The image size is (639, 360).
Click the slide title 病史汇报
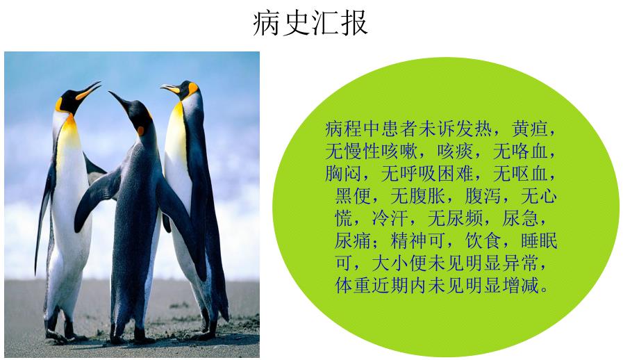[x=310, y=23]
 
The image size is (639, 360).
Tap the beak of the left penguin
[x=90, y=90]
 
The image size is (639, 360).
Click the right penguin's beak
[x=169, y=88]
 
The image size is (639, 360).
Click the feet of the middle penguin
[x=132, y=338]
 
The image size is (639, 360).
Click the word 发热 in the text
[x=477, y=129]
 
